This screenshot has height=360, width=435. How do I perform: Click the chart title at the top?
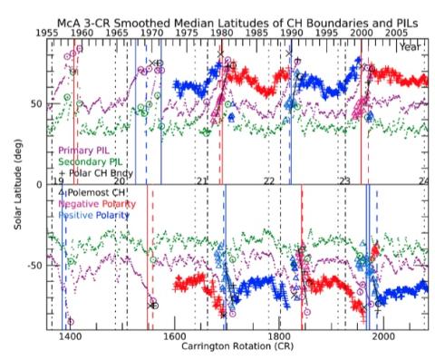[217, 9]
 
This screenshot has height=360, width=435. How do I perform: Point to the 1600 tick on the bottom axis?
[174, 335]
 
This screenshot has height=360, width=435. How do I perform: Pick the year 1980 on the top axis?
[221, 31]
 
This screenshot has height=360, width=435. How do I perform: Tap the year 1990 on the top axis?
[291, 31]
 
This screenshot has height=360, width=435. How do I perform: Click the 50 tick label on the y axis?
[35, 105]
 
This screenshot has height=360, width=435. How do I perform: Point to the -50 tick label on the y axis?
[34, 266]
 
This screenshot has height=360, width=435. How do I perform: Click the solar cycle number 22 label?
[269, 182]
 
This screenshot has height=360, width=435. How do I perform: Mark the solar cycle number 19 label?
[60, 182]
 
